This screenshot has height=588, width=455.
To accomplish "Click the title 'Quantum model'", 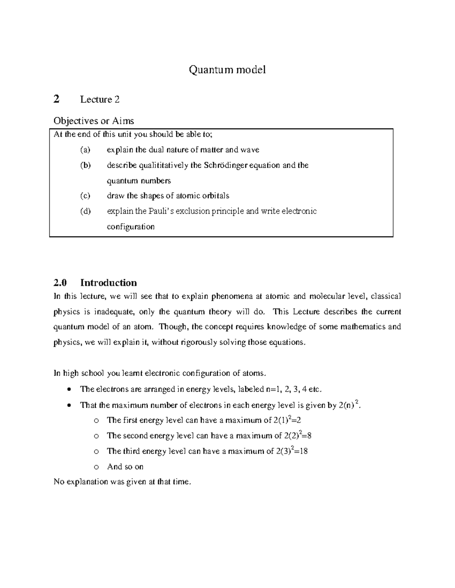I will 227,70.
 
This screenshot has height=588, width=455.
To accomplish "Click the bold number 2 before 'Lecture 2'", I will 56,99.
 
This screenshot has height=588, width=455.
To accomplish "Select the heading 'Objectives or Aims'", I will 94,121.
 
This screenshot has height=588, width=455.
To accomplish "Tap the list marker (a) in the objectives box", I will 85,150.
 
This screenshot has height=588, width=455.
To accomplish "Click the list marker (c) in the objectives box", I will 85,196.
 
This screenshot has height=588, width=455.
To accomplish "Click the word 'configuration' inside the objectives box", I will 130,227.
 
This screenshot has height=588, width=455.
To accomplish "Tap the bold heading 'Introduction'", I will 108,283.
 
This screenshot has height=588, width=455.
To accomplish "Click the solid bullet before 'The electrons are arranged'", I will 68,390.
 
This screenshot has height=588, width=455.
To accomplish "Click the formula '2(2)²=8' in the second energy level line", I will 297,435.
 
